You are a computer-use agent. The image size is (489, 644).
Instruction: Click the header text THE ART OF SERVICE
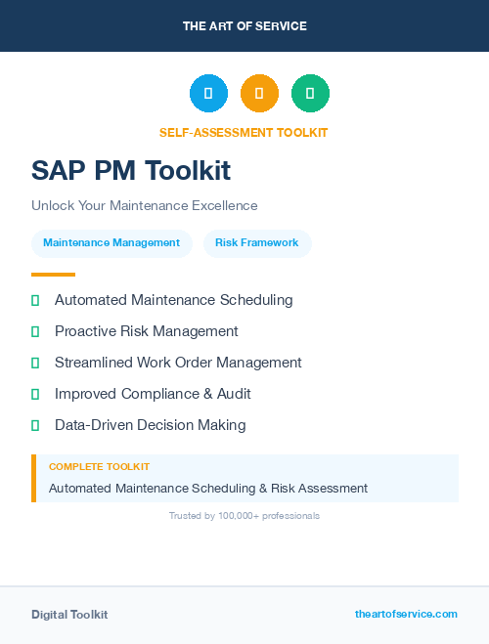tap(244, 26)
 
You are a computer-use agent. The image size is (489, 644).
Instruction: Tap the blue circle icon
tap(208, 93)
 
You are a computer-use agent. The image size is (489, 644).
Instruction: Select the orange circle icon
tap(259, 93)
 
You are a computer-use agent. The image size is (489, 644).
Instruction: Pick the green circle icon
tap(310, 93)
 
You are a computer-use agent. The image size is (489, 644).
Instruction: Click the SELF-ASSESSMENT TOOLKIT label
tap(244, 133)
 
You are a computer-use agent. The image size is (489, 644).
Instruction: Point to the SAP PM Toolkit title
tap(131, 171)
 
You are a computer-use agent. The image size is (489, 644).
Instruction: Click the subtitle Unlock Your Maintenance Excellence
tap(144, 206)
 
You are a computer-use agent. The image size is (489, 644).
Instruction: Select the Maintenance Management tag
tap(111, 243)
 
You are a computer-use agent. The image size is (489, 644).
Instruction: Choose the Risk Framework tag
tap(257, 243)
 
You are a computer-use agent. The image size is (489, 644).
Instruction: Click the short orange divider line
tap(53, 275)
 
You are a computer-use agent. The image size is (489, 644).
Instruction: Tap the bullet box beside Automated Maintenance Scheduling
tap(35, 300)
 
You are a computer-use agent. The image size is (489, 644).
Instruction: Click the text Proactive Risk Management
tap(146, 331)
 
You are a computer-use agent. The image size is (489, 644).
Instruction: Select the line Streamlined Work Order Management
tap(178, 363)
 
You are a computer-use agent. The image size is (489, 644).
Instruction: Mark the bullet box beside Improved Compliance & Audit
tap(35, 394)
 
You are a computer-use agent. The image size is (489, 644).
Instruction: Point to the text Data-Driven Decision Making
tap(150, 425)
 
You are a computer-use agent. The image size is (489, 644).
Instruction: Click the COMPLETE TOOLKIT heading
tap(99, 467)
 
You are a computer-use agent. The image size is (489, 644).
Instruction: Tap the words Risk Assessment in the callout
tap(323, 488)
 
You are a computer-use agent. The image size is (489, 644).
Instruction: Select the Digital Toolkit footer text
tap(69, 615)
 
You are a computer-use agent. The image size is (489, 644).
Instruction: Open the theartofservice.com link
tap(406, 614)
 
